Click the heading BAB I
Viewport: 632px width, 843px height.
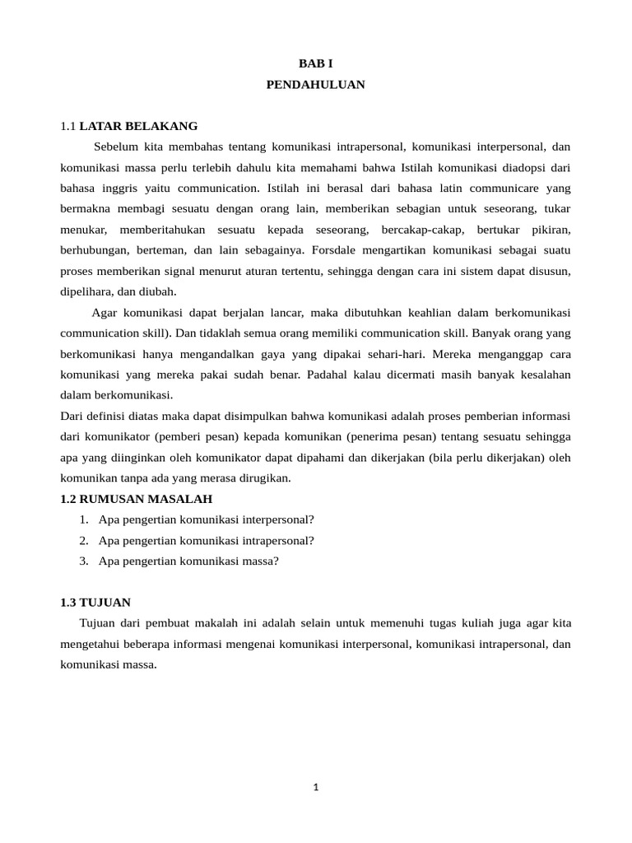click(315, 63)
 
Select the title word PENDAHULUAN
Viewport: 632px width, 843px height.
click(315, 84)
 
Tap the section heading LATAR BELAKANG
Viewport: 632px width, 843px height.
click(138, 126)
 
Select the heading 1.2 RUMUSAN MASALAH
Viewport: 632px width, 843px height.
click(137, 499)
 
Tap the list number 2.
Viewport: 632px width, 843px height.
click(84, 540)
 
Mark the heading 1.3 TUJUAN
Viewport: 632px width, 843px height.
click(95, 603)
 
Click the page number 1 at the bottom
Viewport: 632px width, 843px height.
click(315, 787)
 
